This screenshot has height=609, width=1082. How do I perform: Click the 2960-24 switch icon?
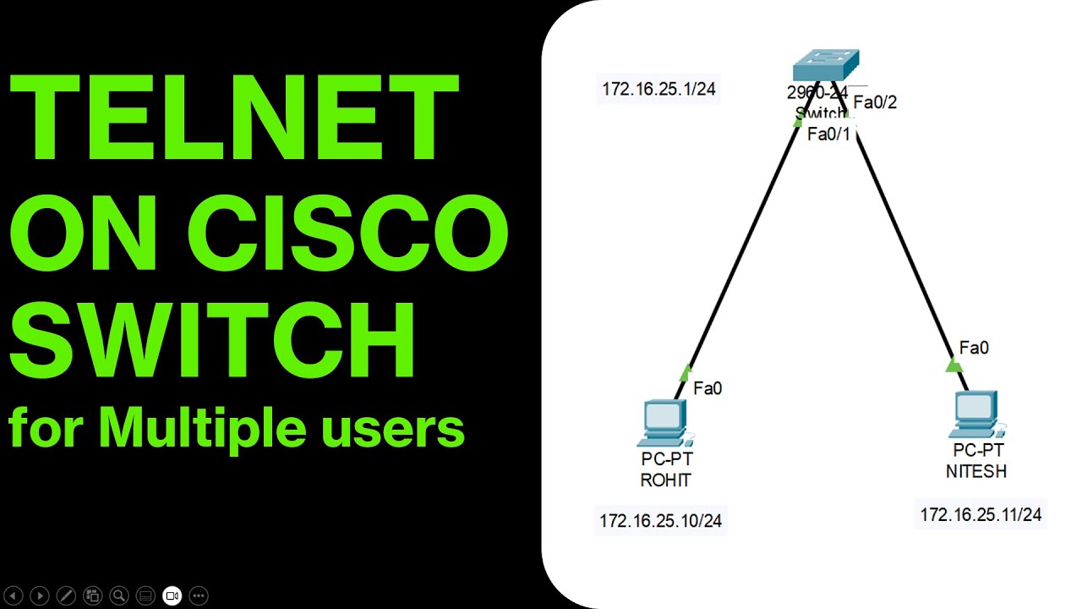pyautogui.click(x=826, y=66)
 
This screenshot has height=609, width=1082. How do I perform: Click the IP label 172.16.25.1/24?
pyautogui.click(x=658, y=89)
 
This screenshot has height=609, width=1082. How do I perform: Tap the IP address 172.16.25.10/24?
pyautogui.click(x=660, y=521)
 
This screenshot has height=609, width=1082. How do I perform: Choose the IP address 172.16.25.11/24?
pyautogui.click(x=981, y=514)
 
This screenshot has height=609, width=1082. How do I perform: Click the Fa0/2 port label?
pyautogui.click(x=875, y=102)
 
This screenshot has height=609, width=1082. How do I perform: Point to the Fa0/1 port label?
pyautogui.click(x=829, y=134)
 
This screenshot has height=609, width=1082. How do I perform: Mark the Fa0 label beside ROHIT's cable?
pyautogui.click(x=708, y=388)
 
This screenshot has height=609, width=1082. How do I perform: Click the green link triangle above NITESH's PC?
pyautogui.click(x=954, y=365)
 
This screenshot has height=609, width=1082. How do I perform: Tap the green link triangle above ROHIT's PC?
pyautogui.click(x=686, y=372)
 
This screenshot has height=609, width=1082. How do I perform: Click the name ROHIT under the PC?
pyautogui.click(x=665, y=480)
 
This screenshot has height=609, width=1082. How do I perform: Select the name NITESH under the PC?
pyautogui.click(x=976, y=472)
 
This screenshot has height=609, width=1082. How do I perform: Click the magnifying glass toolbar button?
pyautogui.click(x=119, y=595)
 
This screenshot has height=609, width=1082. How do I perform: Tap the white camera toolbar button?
pyautogui.click(x=172, y=595)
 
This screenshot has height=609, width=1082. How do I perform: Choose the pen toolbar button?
pyautogui.click(x=66, y=595)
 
